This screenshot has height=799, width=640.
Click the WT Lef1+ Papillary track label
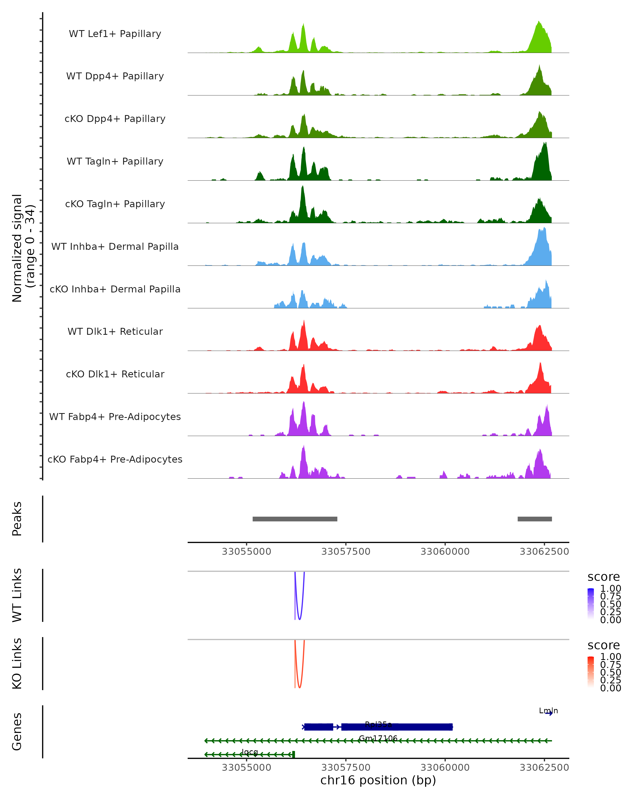click(x=115, y=34)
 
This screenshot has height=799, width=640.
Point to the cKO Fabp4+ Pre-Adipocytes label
click(x=115, y=459)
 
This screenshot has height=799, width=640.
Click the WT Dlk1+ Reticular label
click(x=115, y=331)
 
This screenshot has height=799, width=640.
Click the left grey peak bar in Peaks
click(x=295, y=519)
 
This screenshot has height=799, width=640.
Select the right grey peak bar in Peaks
click(x=535, y=519)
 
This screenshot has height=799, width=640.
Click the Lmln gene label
click(x=548, y=710)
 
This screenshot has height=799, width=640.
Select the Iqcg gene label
click(x=249, y=752)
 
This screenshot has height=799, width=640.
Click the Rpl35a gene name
click(x=378, y=724)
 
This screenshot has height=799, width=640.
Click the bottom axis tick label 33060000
click(x=445, y=768)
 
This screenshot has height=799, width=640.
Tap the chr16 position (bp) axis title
click(x=378, y=780)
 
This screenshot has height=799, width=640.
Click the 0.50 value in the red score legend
click(x=611, y=672)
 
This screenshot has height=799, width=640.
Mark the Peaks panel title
click(x=17, y=519)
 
